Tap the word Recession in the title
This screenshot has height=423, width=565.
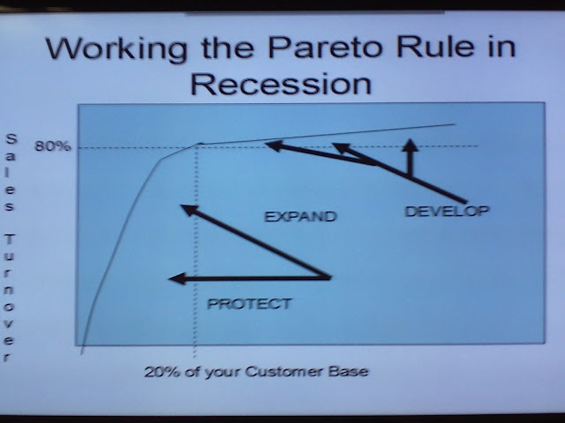[x=281, y=84]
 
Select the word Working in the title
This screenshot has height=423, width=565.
[x=117, y=49]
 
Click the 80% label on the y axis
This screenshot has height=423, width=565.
[x=53, y=146]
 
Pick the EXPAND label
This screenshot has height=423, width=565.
[x=300, y=217]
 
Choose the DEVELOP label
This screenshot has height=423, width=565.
[x=448, y=211]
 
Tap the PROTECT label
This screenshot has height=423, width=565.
[x=249, y=304]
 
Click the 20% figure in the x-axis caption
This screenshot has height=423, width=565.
[x=162, y=372]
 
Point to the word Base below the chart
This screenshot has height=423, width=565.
[x=348, y=371]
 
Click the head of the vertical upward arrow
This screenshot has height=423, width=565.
[x=410, y=145]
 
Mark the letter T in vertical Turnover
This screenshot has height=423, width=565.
[x=11, y=239]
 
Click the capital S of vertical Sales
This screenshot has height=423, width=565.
[x=11, y=139]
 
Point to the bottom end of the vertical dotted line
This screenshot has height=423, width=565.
[x=194, y=357]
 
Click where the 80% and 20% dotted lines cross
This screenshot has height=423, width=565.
[x=196, y=146]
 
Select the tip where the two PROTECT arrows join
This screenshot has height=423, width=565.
[x=329, y=278]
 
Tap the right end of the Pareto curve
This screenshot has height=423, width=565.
[x=455, y=124]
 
